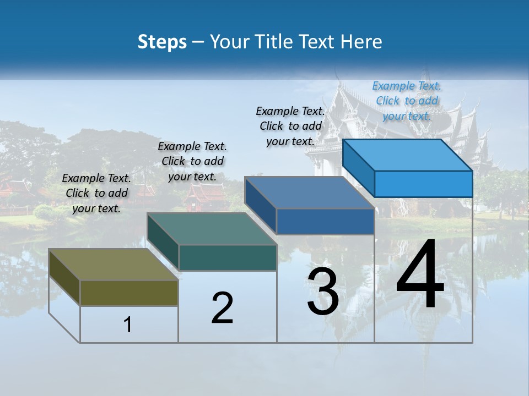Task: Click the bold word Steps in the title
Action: tap(162, 42)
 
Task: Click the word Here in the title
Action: tap(362, 42)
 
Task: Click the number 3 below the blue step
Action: tap(323, 292)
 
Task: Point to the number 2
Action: tap(222, 308)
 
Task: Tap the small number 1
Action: tap(128, 325)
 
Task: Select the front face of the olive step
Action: tap(129, 293)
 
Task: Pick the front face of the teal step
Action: tap(228, 258)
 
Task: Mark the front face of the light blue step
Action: tap(423, 184)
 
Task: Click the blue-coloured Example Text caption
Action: tap(407, 101)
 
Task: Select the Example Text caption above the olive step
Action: tap(96, 193)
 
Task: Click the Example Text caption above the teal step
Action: tap(192, 161)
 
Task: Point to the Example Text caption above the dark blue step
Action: tap(290, 126)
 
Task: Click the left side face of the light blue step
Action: tap(359, 168)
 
